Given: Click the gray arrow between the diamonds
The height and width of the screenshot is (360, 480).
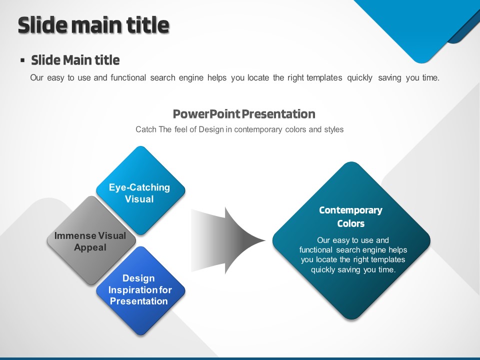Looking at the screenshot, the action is tap(228, 240).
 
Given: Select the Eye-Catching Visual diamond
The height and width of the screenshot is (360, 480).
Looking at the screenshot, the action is tap(140, 190).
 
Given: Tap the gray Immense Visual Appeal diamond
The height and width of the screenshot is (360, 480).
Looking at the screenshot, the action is tap(91, 240).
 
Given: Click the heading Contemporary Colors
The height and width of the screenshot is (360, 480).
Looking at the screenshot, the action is tap(351, 216).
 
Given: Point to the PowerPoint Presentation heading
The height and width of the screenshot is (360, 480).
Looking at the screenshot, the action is tap(244, 114).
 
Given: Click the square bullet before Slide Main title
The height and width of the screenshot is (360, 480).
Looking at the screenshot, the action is tap(22, 60).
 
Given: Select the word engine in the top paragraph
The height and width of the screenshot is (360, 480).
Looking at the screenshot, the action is tap(191, 78).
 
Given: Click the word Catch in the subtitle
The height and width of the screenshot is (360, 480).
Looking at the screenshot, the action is tap(145, 129).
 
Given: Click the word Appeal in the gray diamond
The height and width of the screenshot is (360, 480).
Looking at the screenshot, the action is tap(90, 247).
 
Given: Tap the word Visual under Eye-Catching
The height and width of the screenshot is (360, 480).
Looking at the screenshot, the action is tap(139, 199).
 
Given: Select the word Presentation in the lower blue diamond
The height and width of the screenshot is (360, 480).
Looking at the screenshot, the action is tap(138, 301).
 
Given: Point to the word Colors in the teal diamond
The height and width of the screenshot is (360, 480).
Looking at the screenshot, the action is tap(351, 223).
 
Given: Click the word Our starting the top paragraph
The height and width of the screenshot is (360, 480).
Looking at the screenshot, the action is tap(36, 78).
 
